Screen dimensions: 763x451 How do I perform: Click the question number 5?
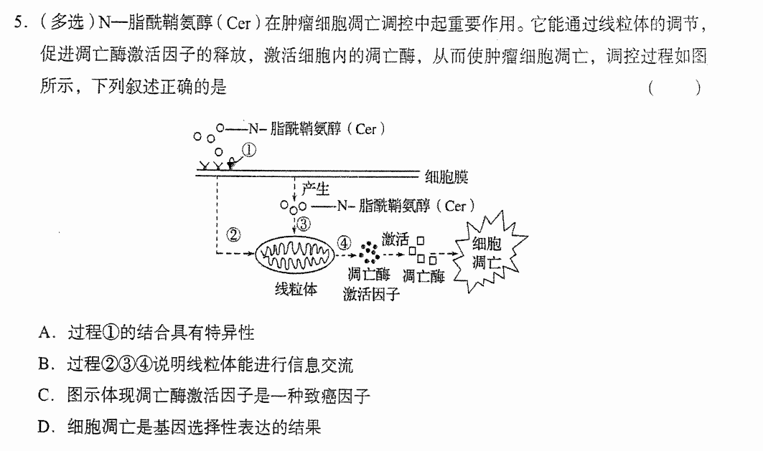(x=19, y=22)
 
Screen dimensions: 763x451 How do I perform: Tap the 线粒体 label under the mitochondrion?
(x=296, y=290)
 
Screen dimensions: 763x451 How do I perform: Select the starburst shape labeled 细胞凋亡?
(x=489, y=252)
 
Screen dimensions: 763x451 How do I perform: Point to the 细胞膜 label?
(x=446, y=176)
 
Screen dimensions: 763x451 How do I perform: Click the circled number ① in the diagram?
(x=248, y=150)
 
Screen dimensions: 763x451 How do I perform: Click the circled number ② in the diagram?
(x=233, y=234)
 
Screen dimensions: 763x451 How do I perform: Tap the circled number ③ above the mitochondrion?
(x=303, y=224)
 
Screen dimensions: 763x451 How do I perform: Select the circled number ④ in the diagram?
(x=344, y=242)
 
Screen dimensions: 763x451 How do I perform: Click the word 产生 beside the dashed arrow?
(x=315, y=189)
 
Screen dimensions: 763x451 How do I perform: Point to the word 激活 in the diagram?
(x=395, y=239)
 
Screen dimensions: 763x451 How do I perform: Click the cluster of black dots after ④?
(x=370, y=252)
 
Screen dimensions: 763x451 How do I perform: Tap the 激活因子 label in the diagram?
(x=371, y=294)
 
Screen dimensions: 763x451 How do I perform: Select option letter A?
(x=45, y=333)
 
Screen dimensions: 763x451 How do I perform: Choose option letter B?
(x=45, y=364)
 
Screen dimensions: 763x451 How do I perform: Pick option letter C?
(x=45, y=396)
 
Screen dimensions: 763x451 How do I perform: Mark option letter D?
(x=45, y=427)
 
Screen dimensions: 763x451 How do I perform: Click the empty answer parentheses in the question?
(x=675, y=88)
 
